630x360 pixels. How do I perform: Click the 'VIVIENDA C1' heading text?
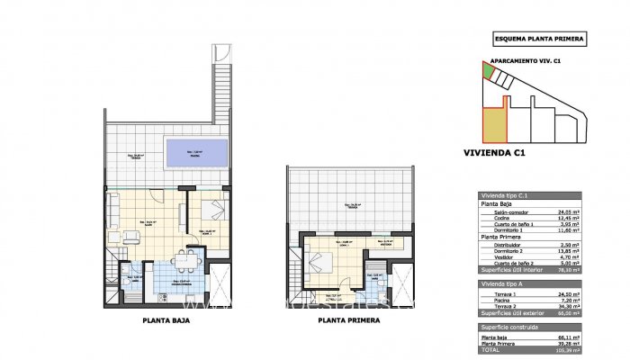tap(492, 153)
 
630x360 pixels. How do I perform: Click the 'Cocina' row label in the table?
tap(492, 219)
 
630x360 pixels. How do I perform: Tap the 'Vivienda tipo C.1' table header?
tap(504, 195)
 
